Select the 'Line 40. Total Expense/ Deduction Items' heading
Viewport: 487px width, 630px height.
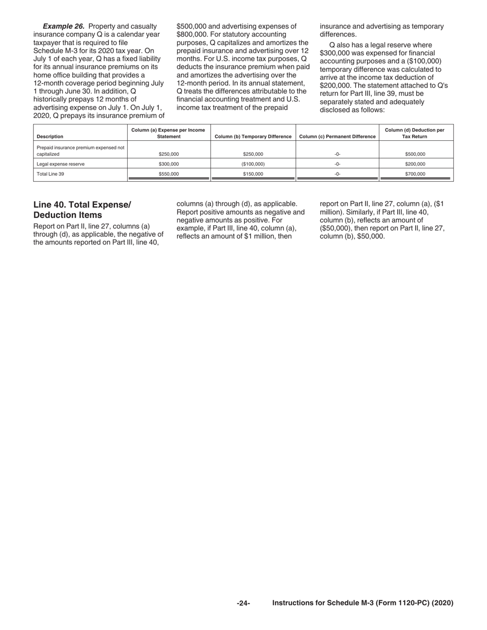(x=82, y=209)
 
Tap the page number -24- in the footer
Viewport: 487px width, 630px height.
(x=243, y=603)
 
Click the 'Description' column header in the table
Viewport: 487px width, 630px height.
(x=50, y=137)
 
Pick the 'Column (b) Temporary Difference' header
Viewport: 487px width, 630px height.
(x=253, y=137)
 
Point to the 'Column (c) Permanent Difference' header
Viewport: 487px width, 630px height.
(x=337, y=137)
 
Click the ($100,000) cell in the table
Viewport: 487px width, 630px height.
(x=253, y=164)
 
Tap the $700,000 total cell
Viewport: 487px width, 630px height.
(x=415, y=174)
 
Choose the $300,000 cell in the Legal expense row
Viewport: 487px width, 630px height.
(x=169, y=164)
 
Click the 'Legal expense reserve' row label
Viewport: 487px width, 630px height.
(x=60, y=164)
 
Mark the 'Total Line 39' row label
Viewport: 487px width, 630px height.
(x=50, y=174)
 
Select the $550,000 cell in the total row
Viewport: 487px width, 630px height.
(x=169, y=174)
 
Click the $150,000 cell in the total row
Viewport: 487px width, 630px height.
(x=253, y=174)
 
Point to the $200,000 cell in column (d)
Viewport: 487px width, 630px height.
(x=415, y=164)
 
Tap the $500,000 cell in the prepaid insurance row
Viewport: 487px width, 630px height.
(x=415, y=154)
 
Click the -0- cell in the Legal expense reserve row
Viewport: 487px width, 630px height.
(x=337, y=164)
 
